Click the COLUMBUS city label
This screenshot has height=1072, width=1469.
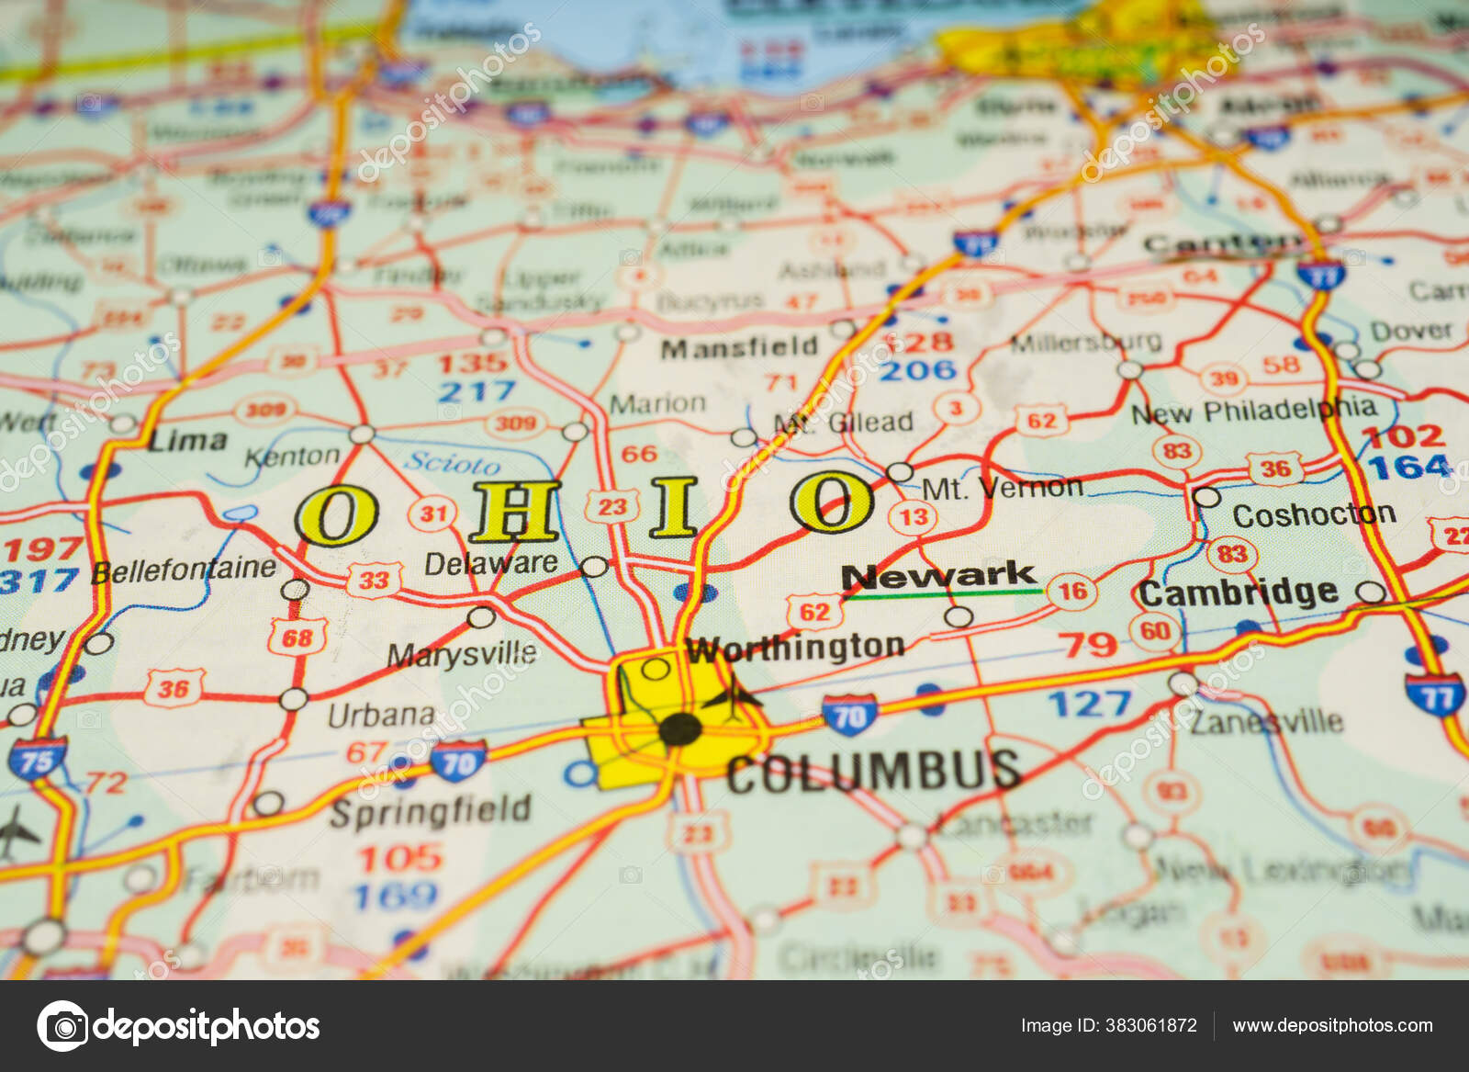pos(873,772)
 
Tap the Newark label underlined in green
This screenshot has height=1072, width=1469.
pos(938,576)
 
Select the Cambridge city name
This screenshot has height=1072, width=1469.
pos(1239,593)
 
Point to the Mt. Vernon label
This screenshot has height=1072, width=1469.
pos(1002,488)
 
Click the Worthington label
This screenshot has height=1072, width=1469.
pos(796,649)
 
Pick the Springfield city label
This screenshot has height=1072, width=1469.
pos(430,811)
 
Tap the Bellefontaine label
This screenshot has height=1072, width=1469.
pos(184,570)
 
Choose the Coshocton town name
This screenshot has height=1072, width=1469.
pos(1313,515)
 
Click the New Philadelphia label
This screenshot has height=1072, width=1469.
pos(1253,412)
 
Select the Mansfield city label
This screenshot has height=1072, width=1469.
pos(739,347)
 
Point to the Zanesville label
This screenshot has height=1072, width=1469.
pos(1267,721)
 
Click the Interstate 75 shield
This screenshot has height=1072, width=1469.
pos(38,760)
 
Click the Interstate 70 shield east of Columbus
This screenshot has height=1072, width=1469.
pos(849,715)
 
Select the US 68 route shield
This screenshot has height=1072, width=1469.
pos(297,638)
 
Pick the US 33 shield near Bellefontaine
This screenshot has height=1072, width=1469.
pos(374,581)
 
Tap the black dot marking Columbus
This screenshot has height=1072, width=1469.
pos(680,730)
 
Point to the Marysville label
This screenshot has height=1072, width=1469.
pos(461,654)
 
